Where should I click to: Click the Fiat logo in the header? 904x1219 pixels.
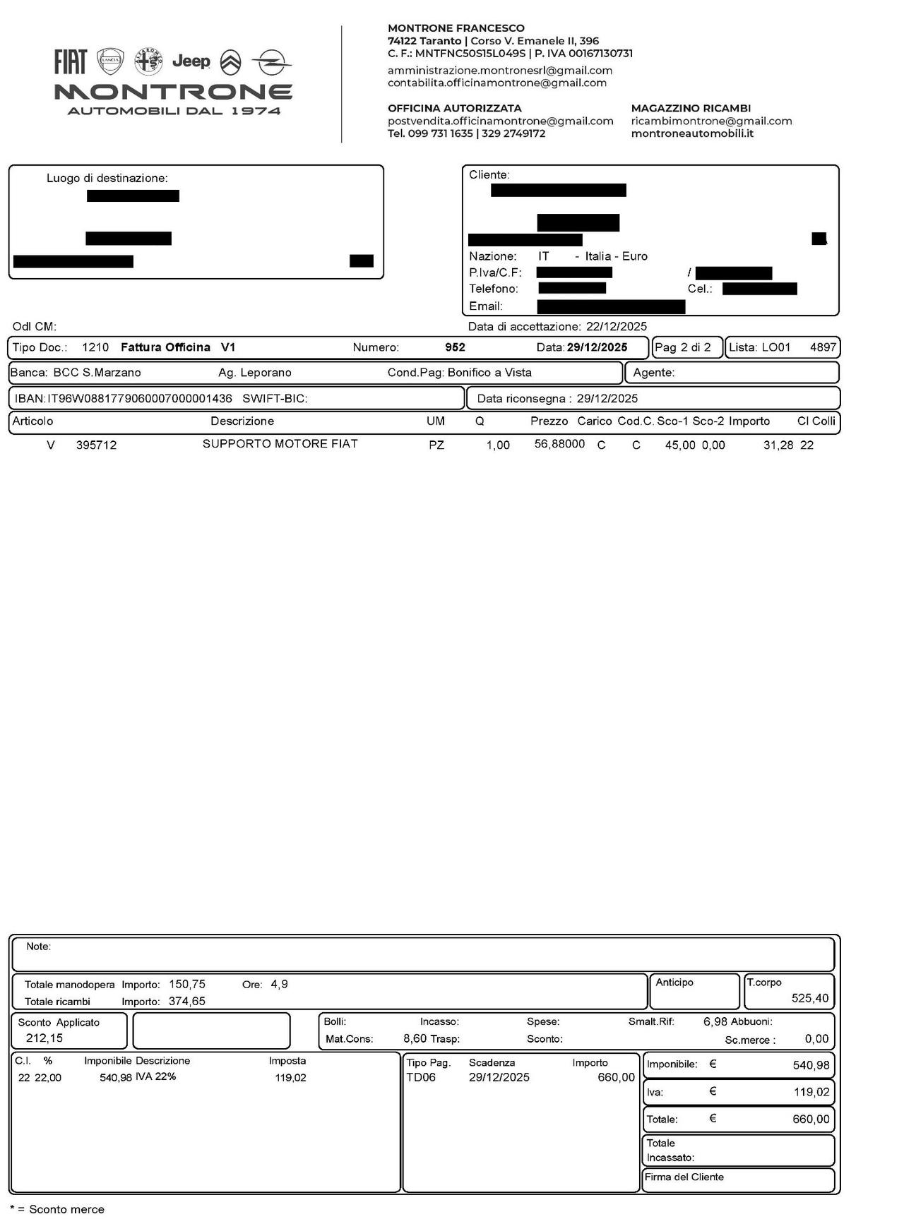(x=71, y=62)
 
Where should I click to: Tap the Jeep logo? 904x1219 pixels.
(x=191, y=62)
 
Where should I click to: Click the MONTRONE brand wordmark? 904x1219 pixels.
(x=174, y=92)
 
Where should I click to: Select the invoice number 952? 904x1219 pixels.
(x=455, y=347)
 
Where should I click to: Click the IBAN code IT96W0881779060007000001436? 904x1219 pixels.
(x=139, y=399)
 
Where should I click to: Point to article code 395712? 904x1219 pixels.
(x=96, y=445)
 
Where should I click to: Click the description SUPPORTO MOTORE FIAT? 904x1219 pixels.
(x=280, y=444)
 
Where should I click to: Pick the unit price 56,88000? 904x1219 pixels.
(x=559, y=444)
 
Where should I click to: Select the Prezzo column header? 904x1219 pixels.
(x=549, y=421)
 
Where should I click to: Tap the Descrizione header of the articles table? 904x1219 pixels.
(x=242, y=421)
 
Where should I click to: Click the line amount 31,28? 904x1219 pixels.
(x=778, y=445)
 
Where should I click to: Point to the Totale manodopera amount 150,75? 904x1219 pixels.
(x=187, y=984)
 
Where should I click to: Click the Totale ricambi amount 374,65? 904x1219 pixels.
(x=187, y=1001)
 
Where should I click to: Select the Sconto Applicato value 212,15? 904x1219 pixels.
(x=44, y=1038)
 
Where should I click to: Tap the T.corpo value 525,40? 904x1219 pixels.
(x=810, y=998)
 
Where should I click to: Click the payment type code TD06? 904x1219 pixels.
(x=421, y=1077)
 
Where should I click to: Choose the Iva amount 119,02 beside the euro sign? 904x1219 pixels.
(x=811, y=1092)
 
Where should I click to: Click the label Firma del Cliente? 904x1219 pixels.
(x=684, y=1177)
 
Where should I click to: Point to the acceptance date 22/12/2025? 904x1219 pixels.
(x=616, y=327)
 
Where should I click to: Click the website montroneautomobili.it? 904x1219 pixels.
(x=692, y=133)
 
